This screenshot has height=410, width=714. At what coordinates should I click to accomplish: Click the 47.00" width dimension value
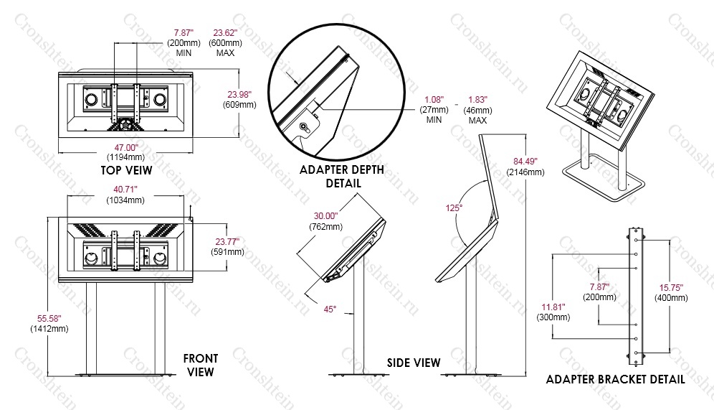125,148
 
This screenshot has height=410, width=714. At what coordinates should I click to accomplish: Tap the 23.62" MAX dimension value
225,33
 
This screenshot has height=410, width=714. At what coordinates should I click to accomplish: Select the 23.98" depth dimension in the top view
239,94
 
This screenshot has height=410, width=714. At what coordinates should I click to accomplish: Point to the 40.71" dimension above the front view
125,190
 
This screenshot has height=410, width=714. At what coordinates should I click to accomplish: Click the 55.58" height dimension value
49,318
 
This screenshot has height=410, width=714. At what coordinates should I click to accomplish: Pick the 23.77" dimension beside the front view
227,242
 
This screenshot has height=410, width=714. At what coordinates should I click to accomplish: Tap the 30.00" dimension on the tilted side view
325,216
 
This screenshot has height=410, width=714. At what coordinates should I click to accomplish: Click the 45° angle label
330,309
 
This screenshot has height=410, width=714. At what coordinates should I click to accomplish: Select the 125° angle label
454,208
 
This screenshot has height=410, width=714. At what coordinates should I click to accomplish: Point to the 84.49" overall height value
525,162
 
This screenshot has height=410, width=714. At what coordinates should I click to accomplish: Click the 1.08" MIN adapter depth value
434,99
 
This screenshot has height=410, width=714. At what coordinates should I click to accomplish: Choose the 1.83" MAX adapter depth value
477,99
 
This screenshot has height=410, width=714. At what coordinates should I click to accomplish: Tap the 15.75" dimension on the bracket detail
671,288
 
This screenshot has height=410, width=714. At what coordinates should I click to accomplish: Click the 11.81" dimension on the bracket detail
553,307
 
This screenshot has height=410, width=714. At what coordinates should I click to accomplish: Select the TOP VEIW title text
127,171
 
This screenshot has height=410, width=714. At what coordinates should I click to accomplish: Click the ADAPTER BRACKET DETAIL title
615,379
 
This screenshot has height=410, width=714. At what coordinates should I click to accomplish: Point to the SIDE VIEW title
414,363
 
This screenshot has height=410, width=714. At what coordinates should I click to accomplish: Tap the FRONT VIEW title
201,365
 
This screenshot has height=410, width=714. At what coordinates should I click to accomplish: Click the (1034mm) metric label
125,200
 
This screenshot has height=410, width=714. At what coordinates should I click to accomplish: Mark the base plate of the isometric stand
604,182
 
